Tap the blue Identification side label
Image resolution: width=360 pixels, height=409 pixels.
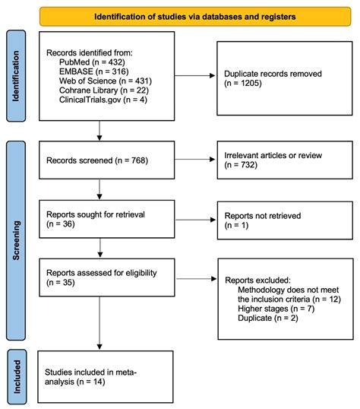[16, 76]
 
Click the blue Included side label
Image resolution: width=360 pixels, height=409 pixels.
[16, 373]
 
